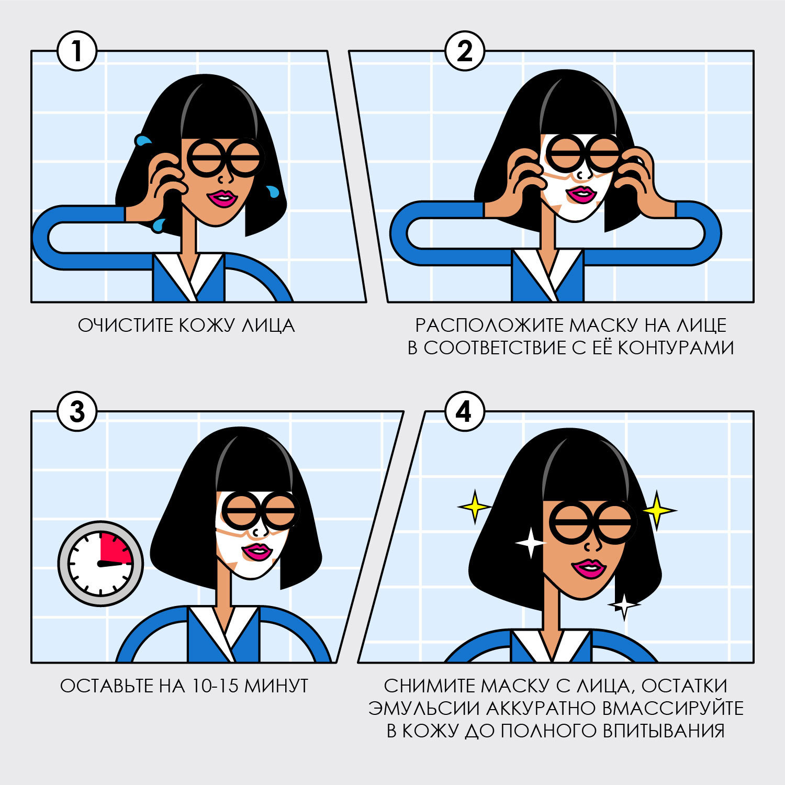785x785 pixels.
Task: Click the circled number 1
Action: click(77, 51)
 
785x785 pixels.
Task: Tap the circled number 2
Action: click(464, 51)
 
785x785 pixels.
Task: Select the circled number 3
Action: click(77, 412)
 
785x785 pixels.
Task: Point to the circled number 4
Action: click(464, 412)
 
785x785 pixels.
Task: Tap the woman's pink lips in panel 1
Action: click(223, 198)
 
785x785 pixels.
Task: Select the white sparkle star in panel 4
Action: click(531, 543)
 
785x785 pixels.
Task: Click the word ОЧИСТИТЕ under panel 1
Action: click(126, 326)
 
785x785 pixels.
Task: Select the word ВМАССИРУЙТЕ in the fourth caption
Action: click(672, 709)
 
